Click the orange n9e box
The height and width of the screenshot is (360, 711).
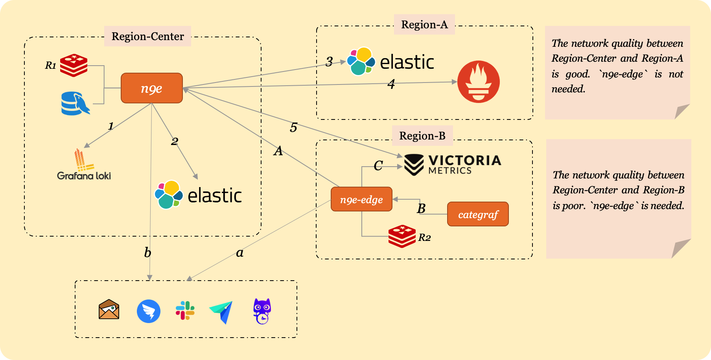151,88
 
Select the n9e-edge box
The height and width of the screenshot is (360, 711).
361,199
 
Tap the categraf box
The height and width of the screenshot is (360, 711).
478,214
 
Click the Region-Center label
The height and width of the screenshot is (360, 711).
147,36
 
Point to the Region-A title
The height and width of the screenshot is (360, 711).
424,24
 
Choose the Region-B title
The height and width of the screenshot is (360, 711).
422,136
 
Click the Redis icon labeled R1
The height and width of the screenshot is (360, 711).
74,65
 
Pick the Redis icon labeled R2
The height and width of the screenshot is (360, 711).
402,236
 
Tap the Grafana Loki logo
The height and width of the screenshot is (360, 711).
84,165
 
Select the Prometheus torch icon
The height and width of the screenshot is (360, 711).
478,82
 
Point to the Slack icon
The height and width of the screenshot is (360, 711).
185,310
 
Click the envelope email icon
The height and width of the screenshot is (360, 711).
109,309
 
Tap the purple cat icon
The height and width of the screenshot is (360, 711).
262,311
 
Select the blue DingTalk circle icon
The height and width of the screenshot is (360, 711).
148,311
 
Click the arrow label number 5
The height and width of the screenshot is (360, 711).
293,128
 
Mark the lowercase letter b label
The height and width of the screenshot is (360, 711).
147,253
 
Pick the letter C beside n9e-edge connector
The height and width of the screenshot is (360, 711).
378,166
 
